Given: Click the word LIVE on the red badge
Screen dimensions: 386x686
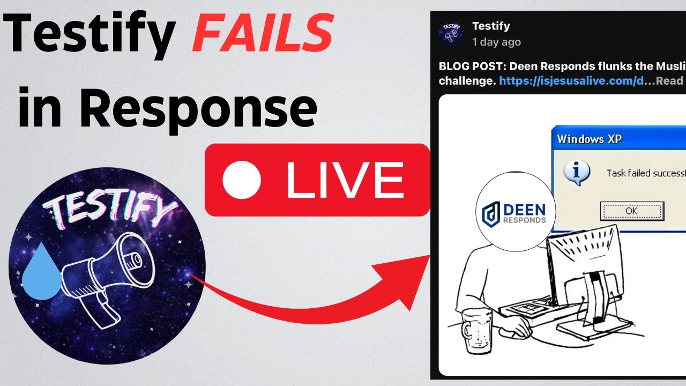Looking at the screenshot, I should click(345, 180).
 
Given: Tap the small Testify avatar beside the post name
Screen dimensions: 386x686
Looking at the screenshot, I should click(451, 33).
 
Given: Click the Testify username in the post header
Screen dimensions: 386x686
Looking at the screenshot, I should click(490, 26).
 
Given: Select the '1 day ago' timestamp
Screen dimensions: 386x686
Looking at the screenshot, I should click(496, 42).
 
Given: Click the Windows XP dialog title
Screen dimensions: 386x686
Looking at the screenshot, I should click(589, 139).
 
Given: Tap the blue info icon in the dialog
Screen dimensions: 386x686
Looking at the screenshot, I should click(577, 173).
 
